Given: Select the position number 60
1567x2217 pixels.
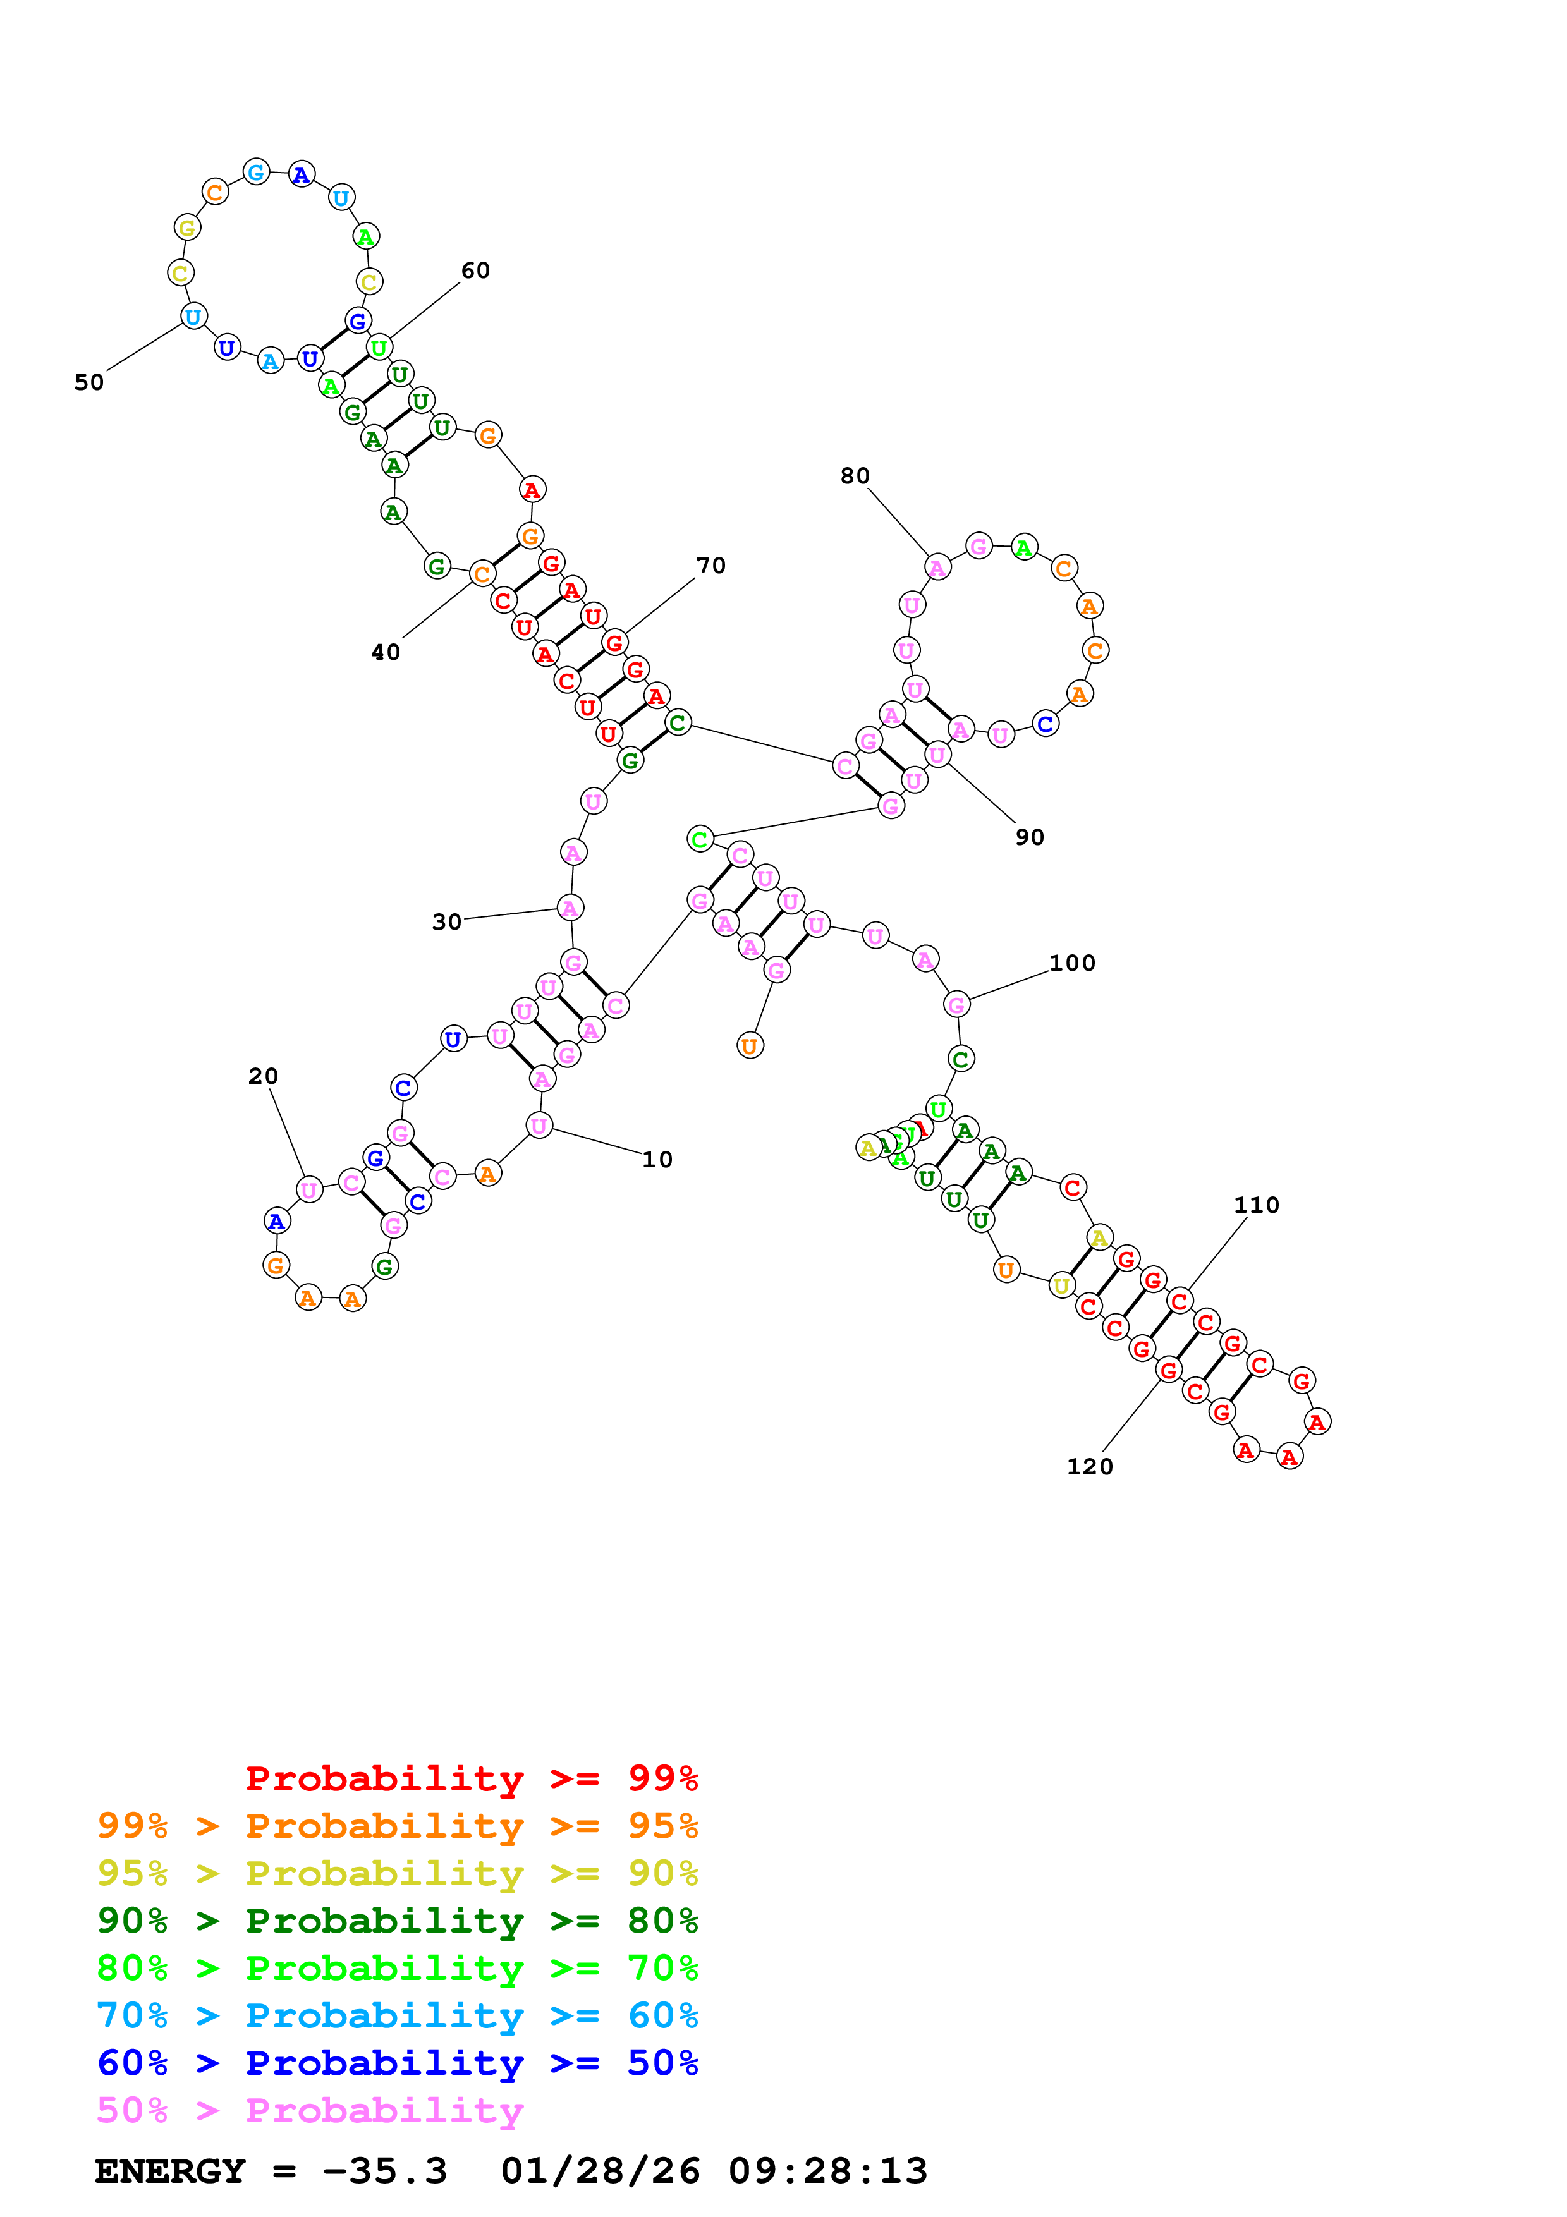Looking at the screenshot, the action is pyautogui.click(x=475, y=270).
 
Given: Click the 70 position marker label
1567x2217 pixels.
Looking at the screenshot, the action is pyautogui.click(x=710, y=565).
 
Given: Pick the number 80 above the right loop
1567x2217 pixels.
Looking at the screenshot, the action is pyautogui.click(x=855, y=475).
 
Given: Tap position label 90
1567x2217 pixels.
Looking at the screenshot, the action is pyautogui.click(x=1029, y=837).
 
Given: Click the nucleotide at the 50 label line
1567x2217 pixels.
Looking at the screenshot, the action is pyautogui.click(x=193, y=317).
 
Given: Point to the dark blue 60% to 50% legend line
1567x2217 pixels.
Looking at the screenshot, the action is pyautogui.click(x=397, y=2063).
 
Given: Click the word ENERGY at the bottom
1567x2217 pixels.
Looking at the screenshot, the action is pyautogui.click(x=170, y=2171).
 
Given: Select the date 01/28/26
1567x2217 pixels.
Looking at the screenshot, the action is pyautogui.click(x=600, y=2171).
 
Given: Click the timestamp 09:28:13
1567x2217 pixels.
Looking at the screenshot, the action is pyautogui.click(x=827, y=2171).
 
